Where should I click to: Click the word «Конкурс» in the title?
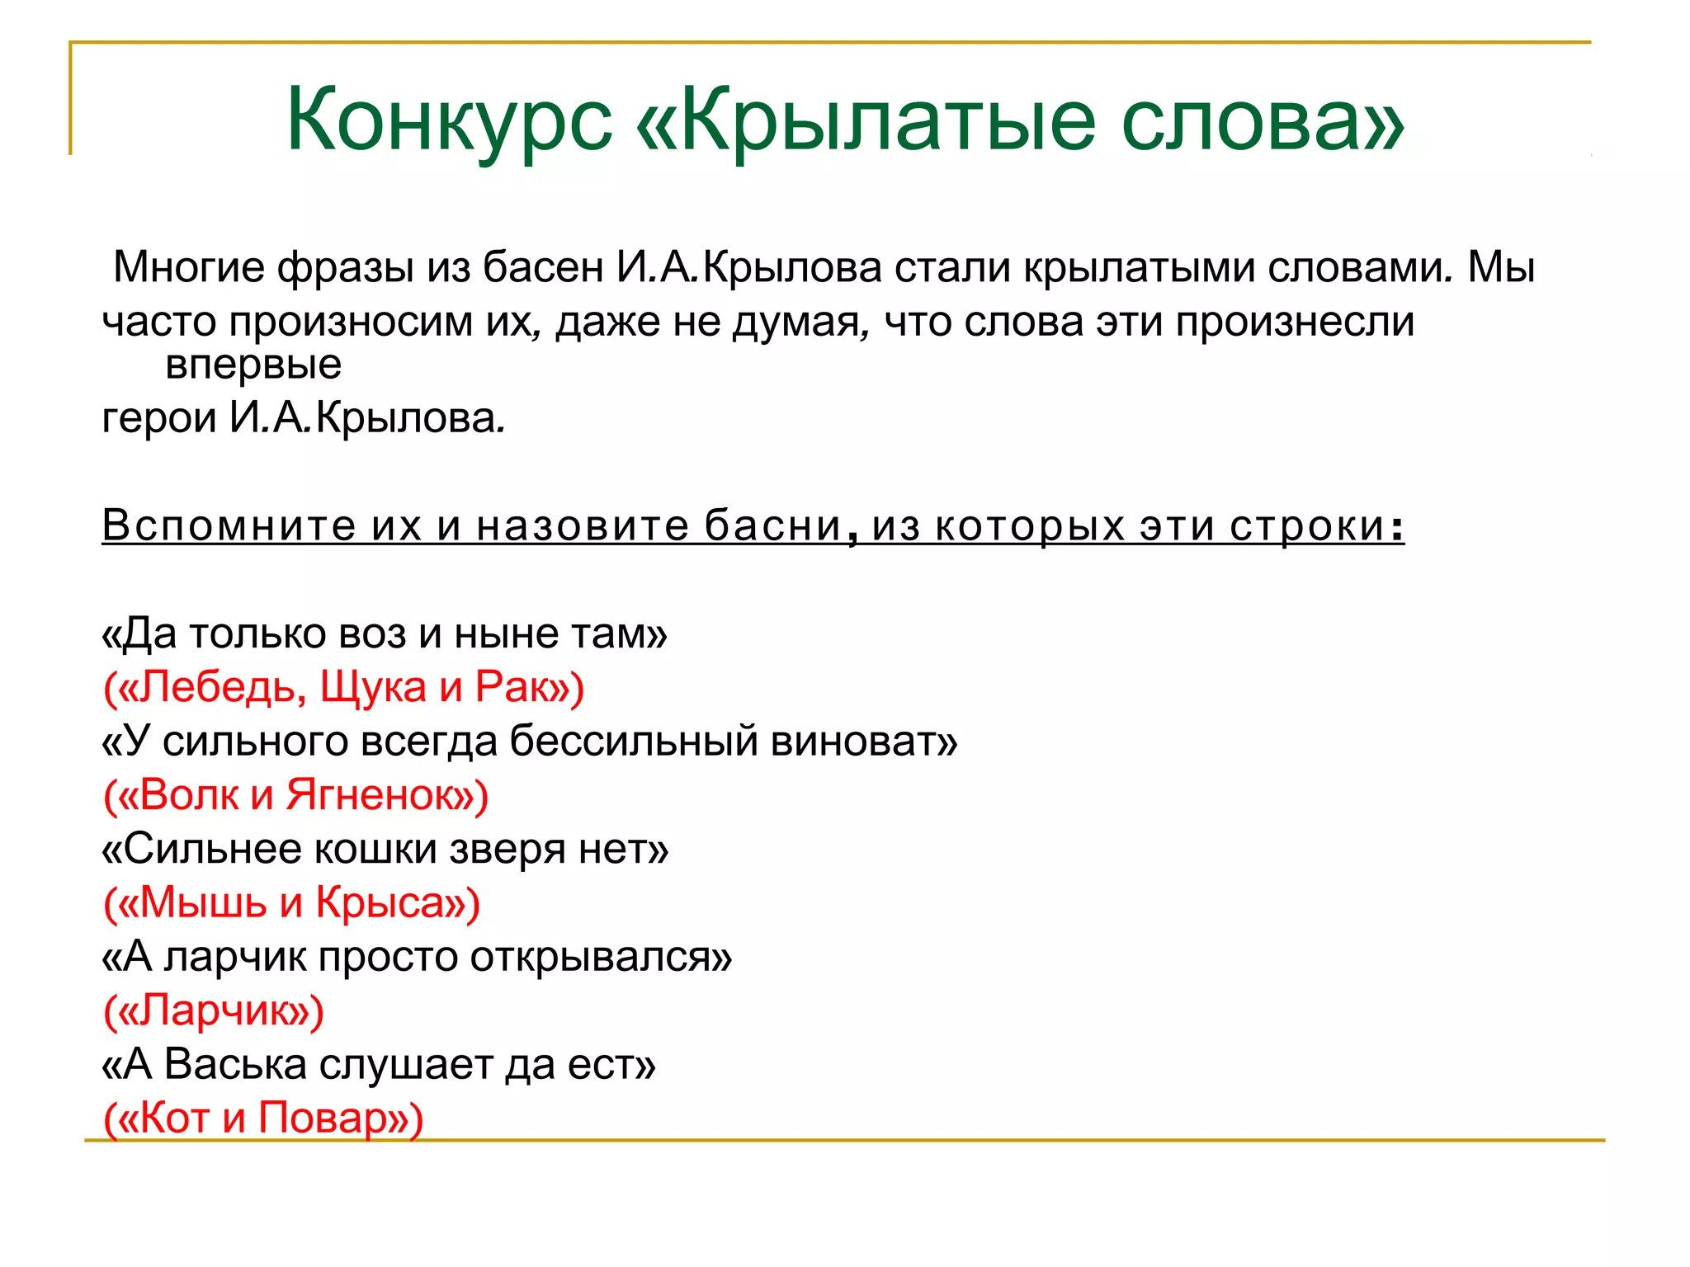[x=449, y=120]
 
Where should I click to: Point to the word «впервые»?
[x=253, y=365]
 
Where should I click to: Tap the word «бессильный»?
[x=632, y=741]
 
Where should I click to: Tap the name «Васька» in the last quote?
[x=235, y=1064]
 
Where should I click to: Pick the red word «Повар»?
[x=323, y=1118]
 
